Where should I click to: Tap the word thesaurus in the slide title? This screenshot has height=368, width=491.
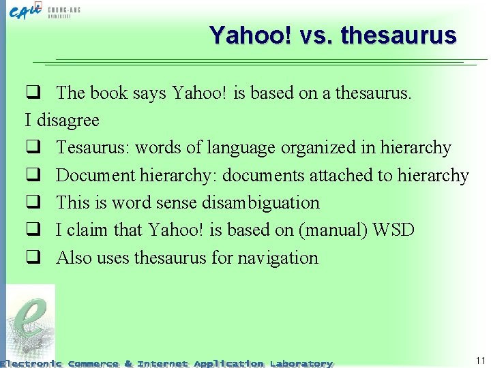[398, 35]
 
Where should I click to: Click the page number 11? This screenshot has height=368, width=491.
[480, 360]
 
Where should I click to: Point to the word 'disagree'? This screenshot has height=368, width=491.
[68, 121]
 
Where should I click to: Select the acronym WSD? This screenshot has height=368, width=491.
[394, 230]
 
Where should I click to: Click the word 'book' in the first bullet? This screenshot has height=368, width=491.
[108, 93]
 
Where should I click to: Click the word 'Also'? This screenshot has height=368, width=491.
[74, 258]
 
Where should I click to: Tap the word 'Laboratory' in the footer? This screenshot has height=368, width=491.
[301, 363]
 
